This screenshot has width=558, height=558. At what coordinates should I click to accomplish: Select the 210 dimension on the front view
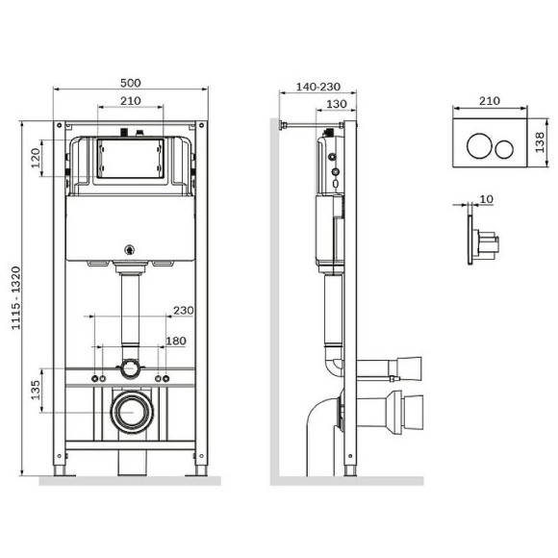pyautogui.click(x=131, y=100)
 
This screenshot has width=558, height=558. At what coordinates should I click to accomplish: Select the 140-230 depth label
pyautogui.click(x=318, y=85)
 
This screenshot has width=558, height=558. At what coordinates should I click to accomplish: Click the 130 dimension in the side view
pyautogui.click(x=335, y=103)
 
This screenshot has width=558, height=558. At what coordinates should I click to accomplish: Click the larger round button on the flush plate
pyautogui.click(x=478, y=146)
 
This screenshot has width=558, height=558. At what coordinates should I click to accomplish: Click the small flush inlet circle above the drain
pyautogui.click(x=128, y=367)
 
